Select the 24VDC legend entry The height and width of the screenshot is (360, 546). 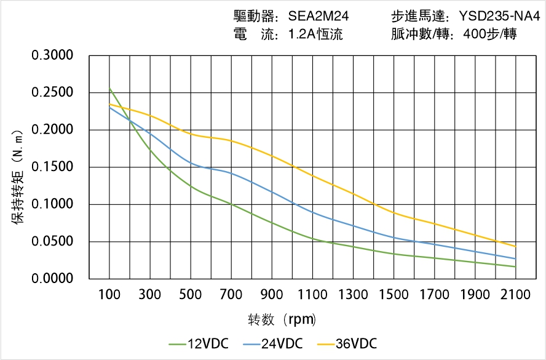272,343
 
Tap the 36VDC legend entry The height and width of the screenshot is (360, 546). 347,343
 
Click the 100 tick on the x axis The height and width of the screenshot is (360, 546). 109,295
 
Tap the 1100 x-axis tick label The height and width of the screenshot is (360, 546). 312,295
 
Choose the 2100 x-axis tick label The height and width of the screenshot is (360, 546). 515,295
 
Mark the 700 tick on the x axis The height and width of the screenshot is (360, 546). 231,295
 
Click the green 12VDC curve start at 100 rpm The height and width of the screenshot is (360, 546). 110,89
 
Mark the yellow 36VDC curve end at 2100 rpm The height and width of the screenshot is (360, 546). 515,246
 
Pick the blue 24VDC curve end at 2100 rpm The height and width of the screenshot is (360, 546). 515,258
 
